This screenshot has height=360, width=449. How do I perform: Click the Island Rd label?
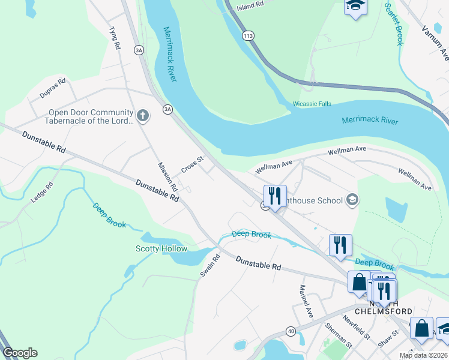250,5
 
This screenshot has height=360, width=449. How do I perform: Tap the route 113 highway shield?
247,37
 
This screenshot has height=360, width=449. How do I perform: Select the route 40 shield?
291,331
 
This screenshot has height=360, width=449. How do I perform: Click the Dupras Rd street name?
52,88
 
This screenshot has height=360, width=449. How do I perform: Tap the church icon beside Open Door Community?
143,115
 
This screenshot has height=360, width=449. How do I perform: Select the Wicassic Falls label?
312,104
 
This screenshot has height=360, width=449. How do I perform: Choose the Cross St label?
193,164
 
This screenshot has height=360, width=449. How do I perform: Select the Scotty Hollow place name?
161,248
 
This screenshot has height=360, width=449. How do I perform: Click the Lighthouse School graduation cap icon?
353,200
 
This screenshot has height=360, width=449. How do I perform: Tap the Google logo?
20,353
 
